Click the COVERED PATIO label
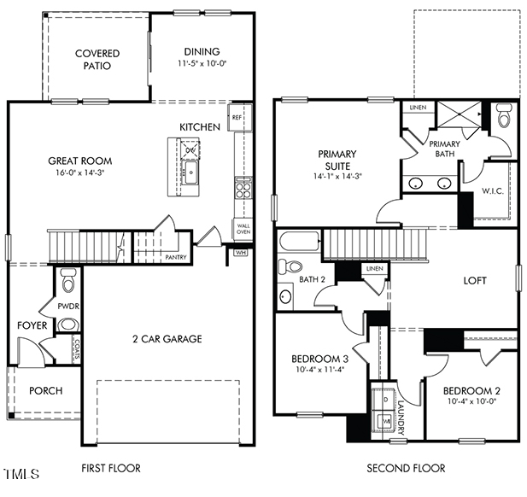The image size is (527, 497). click(x=97, y=60)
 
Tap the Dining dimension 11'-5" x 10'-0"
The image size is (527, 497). click(x=202, y=64)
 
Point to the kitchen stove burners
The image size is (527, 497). click(x=243, y=185)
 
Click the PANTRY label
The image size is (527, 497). click(x=175, y=256)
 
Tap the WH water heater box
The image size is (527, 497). click(x=240, y=252)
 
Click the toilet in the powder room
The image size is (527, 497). click(x=68, y=279)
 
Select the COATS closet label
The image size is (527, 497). click(x=77, y=348)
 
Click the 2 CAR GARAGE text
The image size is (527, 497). click(x=167, y=339)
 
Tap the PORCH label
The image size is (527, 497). click(x=45, y=391)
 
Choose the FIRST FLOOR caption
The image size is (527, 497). click(x=110, y=468)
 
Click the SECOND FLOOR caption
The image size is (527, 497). click(x=406, y=468)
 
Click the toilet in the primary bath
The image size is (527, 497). click(x=503, y=115)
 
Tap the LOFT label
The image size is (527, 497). click(x=475, y=280)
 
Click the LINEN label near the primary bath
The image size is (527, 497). click(x=418, y=108)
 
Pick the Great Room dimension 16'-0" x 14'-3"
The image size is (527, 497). click(x=79, y=173)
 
